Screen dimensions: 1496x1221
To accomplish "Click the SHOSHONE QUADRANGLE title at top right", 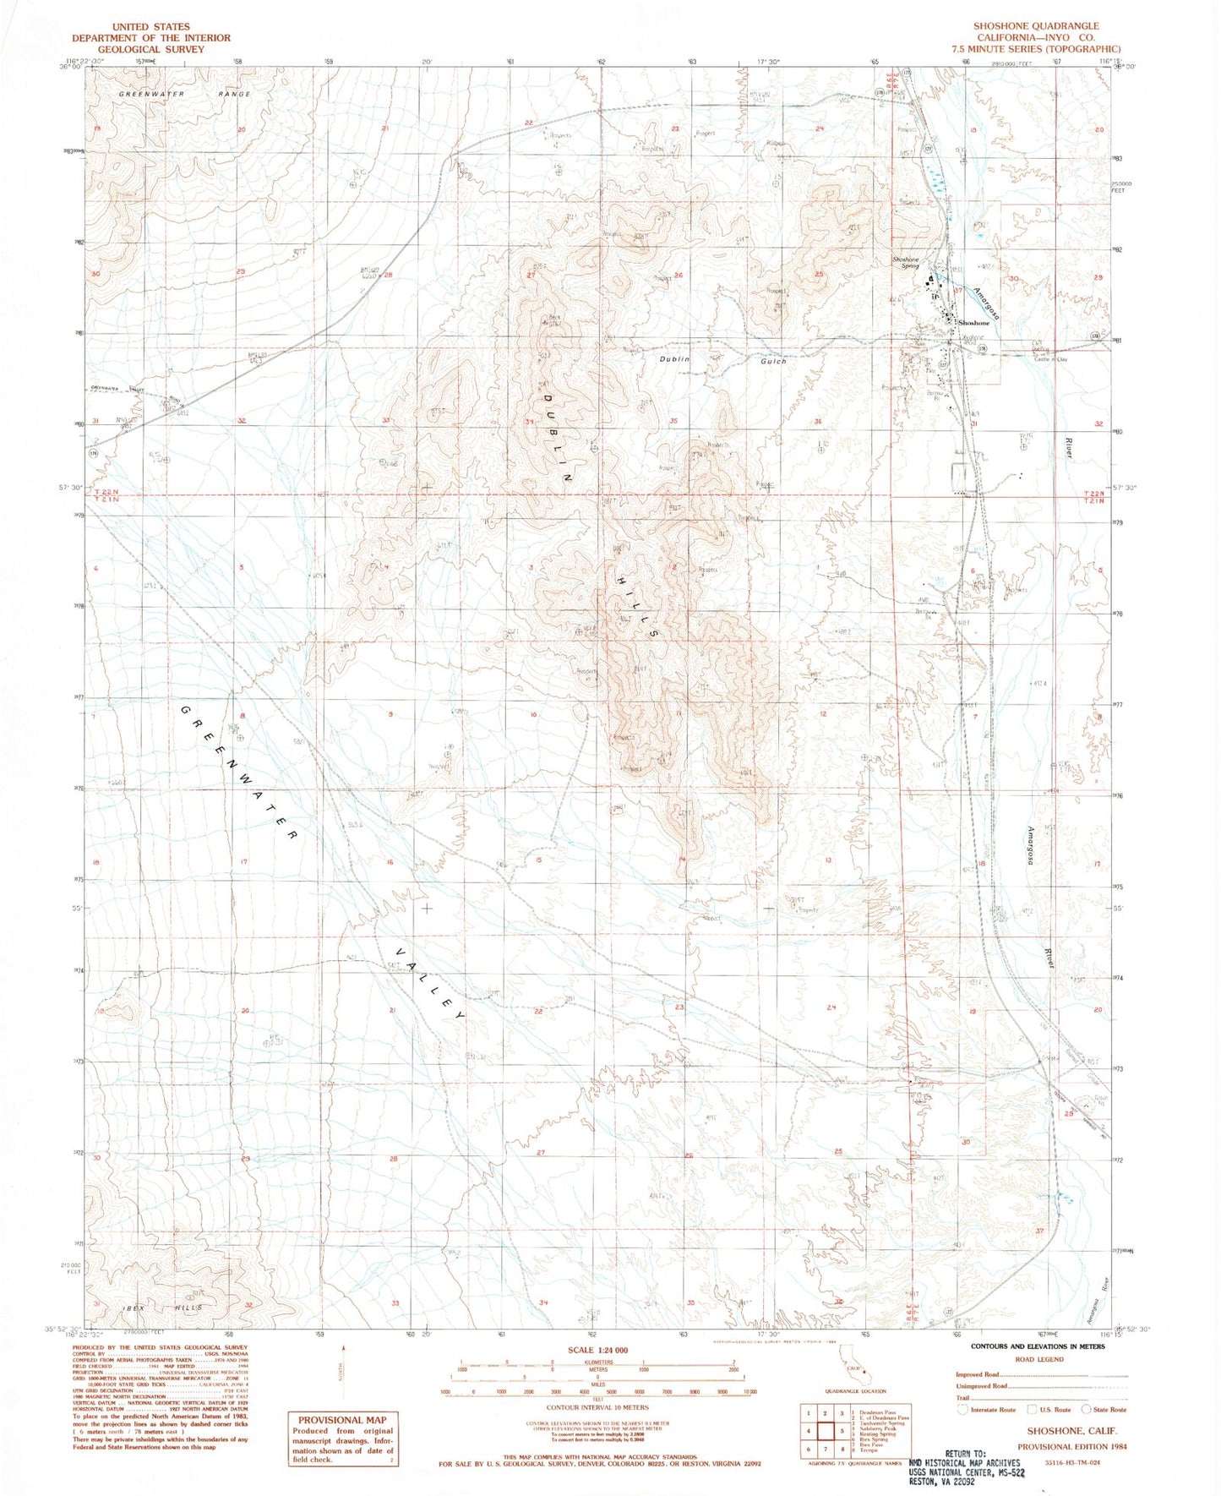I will click(1036, 26).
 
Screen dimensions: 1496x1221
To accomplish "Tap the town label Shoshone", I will click(973, 323).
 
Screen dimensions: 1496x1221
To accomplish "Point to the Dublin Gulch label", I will click(722, 359).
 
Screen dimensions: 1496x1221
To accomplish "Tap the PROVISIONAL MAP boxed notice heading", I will click(341, 1419).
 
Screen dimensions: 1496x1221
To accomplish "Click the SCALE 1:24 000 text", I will click(598, 1350).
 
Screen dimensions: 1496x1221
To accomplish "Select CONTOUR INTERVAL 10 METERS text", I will click(597, 1407).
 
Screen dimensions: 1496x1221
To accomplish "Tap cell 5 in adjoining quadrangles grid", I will click(842, 1431).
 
